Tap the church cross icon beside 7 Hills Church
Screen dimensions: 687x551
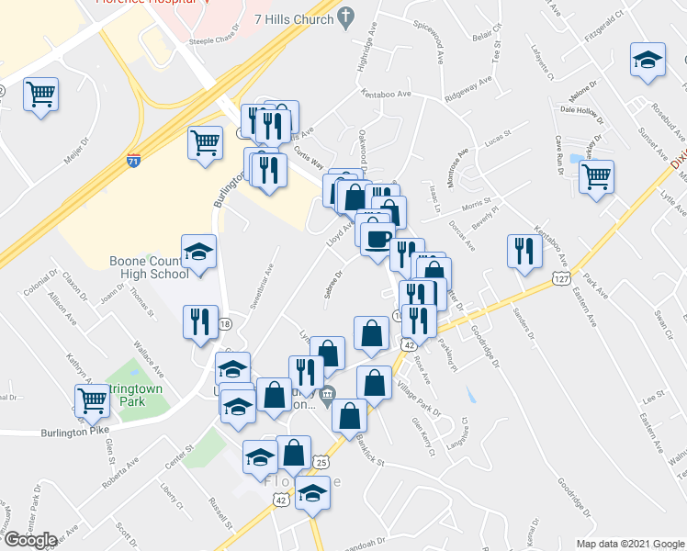(346, 17)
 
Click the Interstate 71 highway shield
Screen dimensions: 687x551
(133, 160)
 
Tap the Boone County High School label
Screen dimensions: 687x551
(150, 267)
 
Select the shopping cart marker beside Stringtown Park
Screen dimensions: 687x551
(92, 399)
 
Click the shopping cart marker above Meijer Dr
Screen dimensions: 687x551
(40, 93)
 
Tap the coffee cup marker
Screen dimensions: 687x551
(376, 240)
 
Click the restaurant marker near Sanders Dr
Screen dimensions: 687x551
(524, 249)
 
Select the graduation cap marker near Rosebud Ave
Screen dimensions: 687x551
(648, 60)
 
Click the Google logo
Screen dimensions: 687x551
(30, 540)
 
